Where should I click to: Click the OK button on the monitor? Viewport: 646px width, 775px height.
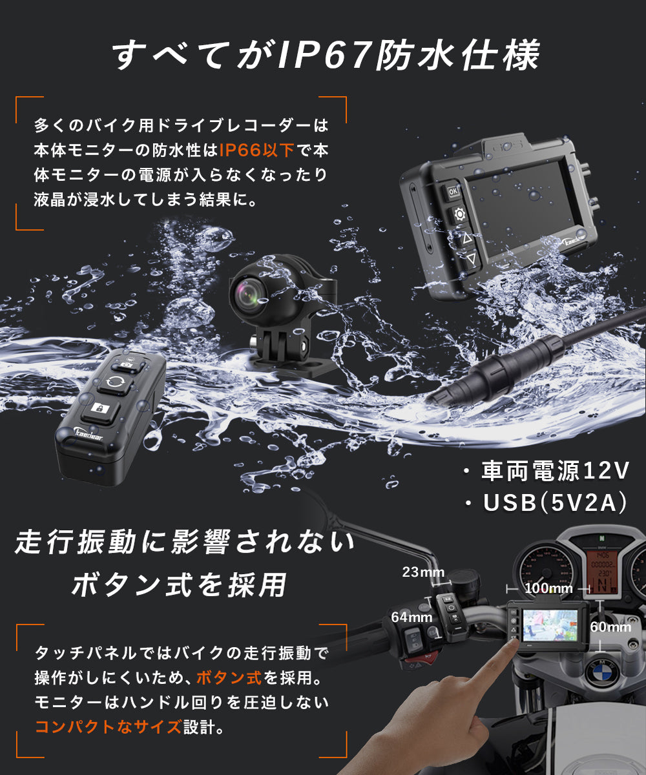coord(453,192)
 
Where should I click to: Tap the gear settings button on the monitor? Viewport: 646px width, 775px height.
coord(459,214)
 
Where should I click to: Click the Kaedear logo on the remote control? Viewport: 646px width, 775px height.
coord(89,433)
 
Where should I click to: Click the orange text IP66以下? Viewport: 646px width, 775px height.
coord(257,150)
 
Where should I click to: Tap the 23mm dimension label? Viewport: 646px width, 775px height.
coord(423,572)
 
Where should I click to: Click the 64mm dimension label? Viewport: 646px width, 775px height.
coord(412,617)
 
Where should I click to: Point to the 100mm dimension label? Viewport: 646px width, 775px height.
coord(548,588)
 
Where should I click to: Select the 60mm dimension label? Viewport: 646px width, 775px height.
coord(610,627)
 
